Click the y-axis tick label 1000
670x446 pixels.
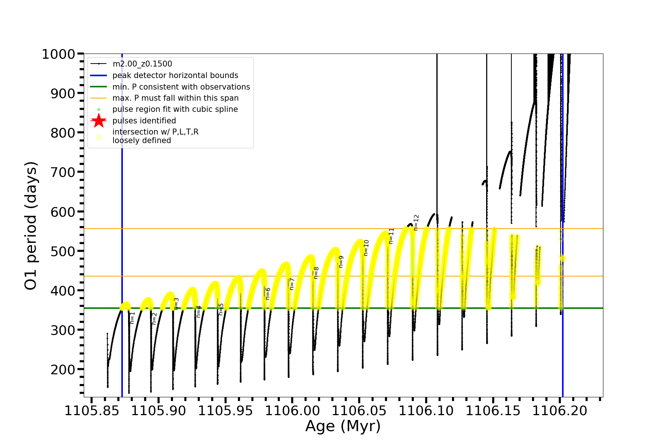(58, 54)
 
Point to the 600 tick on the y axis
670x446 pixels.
(63, 212)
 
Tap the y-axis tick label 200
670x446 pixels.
(63, 369)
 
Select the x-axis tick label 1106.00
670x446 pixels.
(292, 411)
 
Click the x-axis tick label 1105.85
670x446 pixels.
(92, 411)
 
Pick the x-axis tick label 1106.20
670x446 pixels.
(560, 411)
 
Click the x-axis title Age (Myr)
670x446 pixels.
(343, 426)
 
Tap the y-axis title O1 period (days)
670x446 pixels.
(31, 226)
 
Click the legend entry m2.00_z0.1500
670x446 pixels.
(142, 64)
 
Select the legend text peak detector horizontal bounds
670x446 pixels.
(175, 75)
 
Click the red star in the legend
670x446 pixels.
(99, 121)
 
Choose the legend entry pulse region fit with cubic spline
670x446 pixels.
(175, 109)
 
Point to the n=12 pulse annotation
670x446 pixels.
(416, 222)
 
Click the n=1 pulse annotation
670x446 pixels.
(132, 318)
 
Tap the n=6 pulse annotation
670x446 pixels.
(268, 294)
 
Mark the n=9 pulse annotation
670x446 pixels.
(341, 262)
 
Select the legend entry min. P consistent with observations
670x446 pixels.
(181, 87)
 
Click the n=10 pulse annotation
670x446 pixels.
(366, 248)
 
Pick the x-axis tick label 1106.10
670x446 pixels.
(426, 411)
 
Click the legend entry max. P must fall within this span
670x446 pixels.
(175, 98)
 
